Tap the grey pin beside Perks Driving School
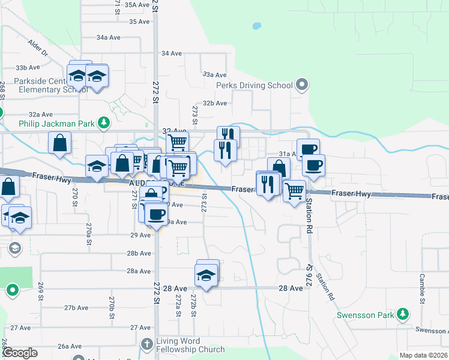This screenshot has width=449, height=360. (x=301, y=85)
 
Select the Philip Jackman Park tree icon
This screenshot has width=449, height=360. (x=104, y=123)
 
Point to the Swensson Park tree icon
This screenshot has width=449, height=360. (x=405, y=314)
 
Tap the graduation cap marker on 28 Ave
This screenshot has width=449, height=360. (x=206, y=276)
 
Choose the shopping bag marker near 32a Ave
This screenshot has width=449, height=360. (x=60, y=143)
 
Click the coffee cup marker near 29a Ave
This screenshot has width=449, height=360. (x=156, y=215)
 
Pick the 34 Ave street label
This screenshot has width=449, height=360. (x=171, y=53)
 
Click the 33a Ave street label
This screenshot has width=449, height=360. (x=214, y=74)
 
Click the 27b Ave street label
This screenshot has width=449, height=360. (x=77, y=308)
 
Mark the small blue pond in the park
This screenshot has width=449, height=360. (x=257, y=26)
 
